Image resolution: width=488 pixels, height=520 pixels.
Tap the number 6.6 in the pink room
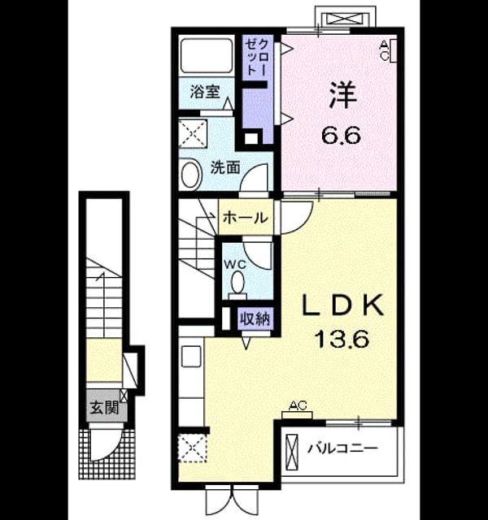click(x=341, y=136)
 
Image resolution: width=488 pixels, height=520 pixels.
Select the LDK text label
click(x=342, y=305)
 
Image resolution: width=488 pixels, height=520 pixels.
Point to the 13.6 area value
click(x=342, y=339)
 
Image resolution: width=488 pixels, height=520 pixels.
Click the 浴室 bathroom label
click(x=205, y=92)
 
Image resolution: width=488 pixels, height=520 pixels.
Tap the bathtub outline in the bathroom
click(x=207, y=56)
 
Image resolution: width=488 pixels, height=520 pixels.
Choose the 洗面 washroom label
click(x=225, y=168)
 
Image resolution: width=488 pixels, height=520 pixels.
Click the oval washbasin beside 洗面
click(x=192, y=175)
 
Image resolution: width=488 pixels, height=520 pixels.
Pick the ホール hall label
click(x=246, y=218)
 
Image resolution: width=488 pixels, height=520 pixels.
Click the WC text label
click(x=235, y=265)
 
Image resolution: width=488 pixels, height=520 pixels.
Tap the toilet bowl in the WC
click(x=237, y=283)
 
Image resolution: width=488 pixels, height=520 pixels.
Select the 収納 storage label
click(x=255, y=319)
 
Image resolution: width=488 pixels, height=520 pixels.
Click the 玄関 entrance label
click(x=105, y=408)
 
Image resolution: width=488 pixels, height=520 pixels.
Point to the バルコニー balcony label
click(x=342, y=448)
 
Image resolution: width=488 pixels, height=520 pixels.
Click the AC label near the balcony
click(x=297, y=405)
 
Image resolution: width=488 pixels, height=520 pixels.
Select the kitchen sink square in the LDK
click(x=191, y=356)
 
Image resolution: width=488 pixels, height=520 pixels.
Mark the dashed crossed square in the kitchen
click(x=193, y=448)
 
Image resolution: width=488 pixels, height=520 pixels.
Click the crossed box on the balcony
click(x=292, y=452)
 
